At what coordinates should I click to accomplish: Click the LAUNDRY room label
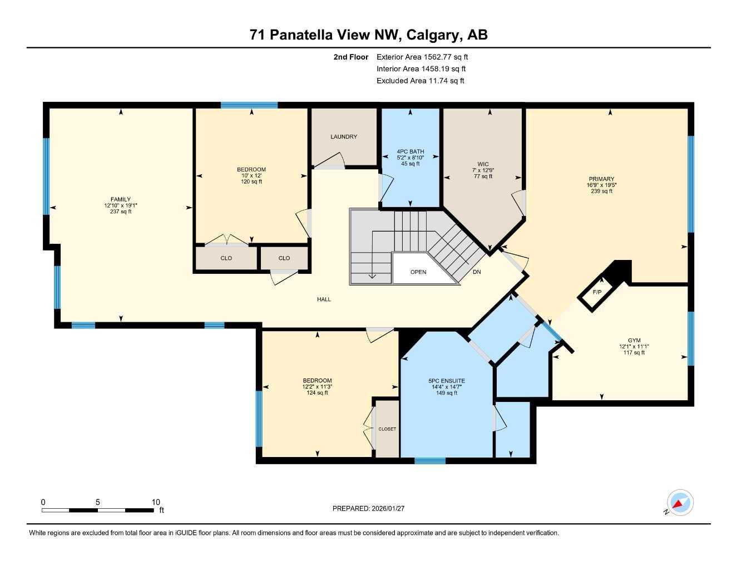point(343,137)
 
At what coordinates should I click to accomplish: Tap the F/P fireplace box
point(597,292)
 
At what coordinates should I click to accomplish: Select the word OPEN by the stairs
point(418,272)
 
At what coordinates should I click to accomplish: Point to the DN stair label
point(477,272)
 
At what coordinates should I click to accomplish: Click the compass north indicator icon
point(680,503)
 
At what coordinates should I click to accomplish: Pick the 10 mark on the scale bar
point(156,502)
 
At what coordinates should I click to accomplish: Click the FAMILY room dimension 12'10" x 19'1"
point(121,205)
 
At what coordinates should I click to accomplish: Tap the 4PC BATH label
point(410,151)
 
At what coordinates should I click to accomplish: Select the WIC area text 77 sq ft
point(483,176)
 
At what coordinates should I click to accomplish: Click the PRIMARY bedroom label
point(601,179)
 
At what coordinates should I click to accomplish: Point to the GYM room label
point(634,341)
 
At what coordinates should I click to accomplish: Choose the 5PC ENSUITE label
point(447,381)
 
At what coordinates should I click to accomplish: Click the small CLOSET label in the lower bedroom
point(387,429)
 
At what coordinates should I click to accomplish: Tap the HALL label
point(324,299)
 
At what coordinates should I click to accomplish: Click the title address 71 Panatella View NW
point(325,35)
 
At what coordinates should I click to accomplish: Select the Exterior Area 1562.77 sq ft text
point(422,57)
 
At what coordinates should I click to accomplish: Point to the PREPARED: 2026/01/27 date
point(368,508)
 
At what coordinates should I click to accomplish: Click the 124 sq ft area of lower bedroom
point(317,393)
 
